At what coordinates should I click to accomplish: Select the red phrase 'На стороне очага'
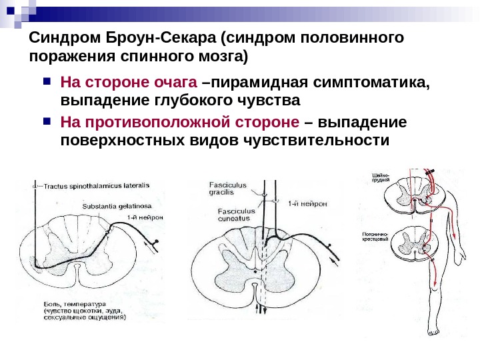click(x=129, y=83)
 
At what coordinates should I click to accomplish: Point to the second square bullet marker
click(x=46, y=123)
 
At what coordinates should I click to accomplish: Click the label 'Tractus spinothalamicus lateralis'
click(x=97, y=185)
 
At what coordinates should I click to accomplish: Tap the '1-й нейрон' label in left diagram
click(x=144, y=217)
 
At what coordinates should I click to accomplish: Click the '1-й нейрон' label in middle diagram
click(x=308, y=203)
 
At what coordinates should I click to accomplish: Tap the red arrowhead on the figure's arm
click(x=455, y=238)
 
